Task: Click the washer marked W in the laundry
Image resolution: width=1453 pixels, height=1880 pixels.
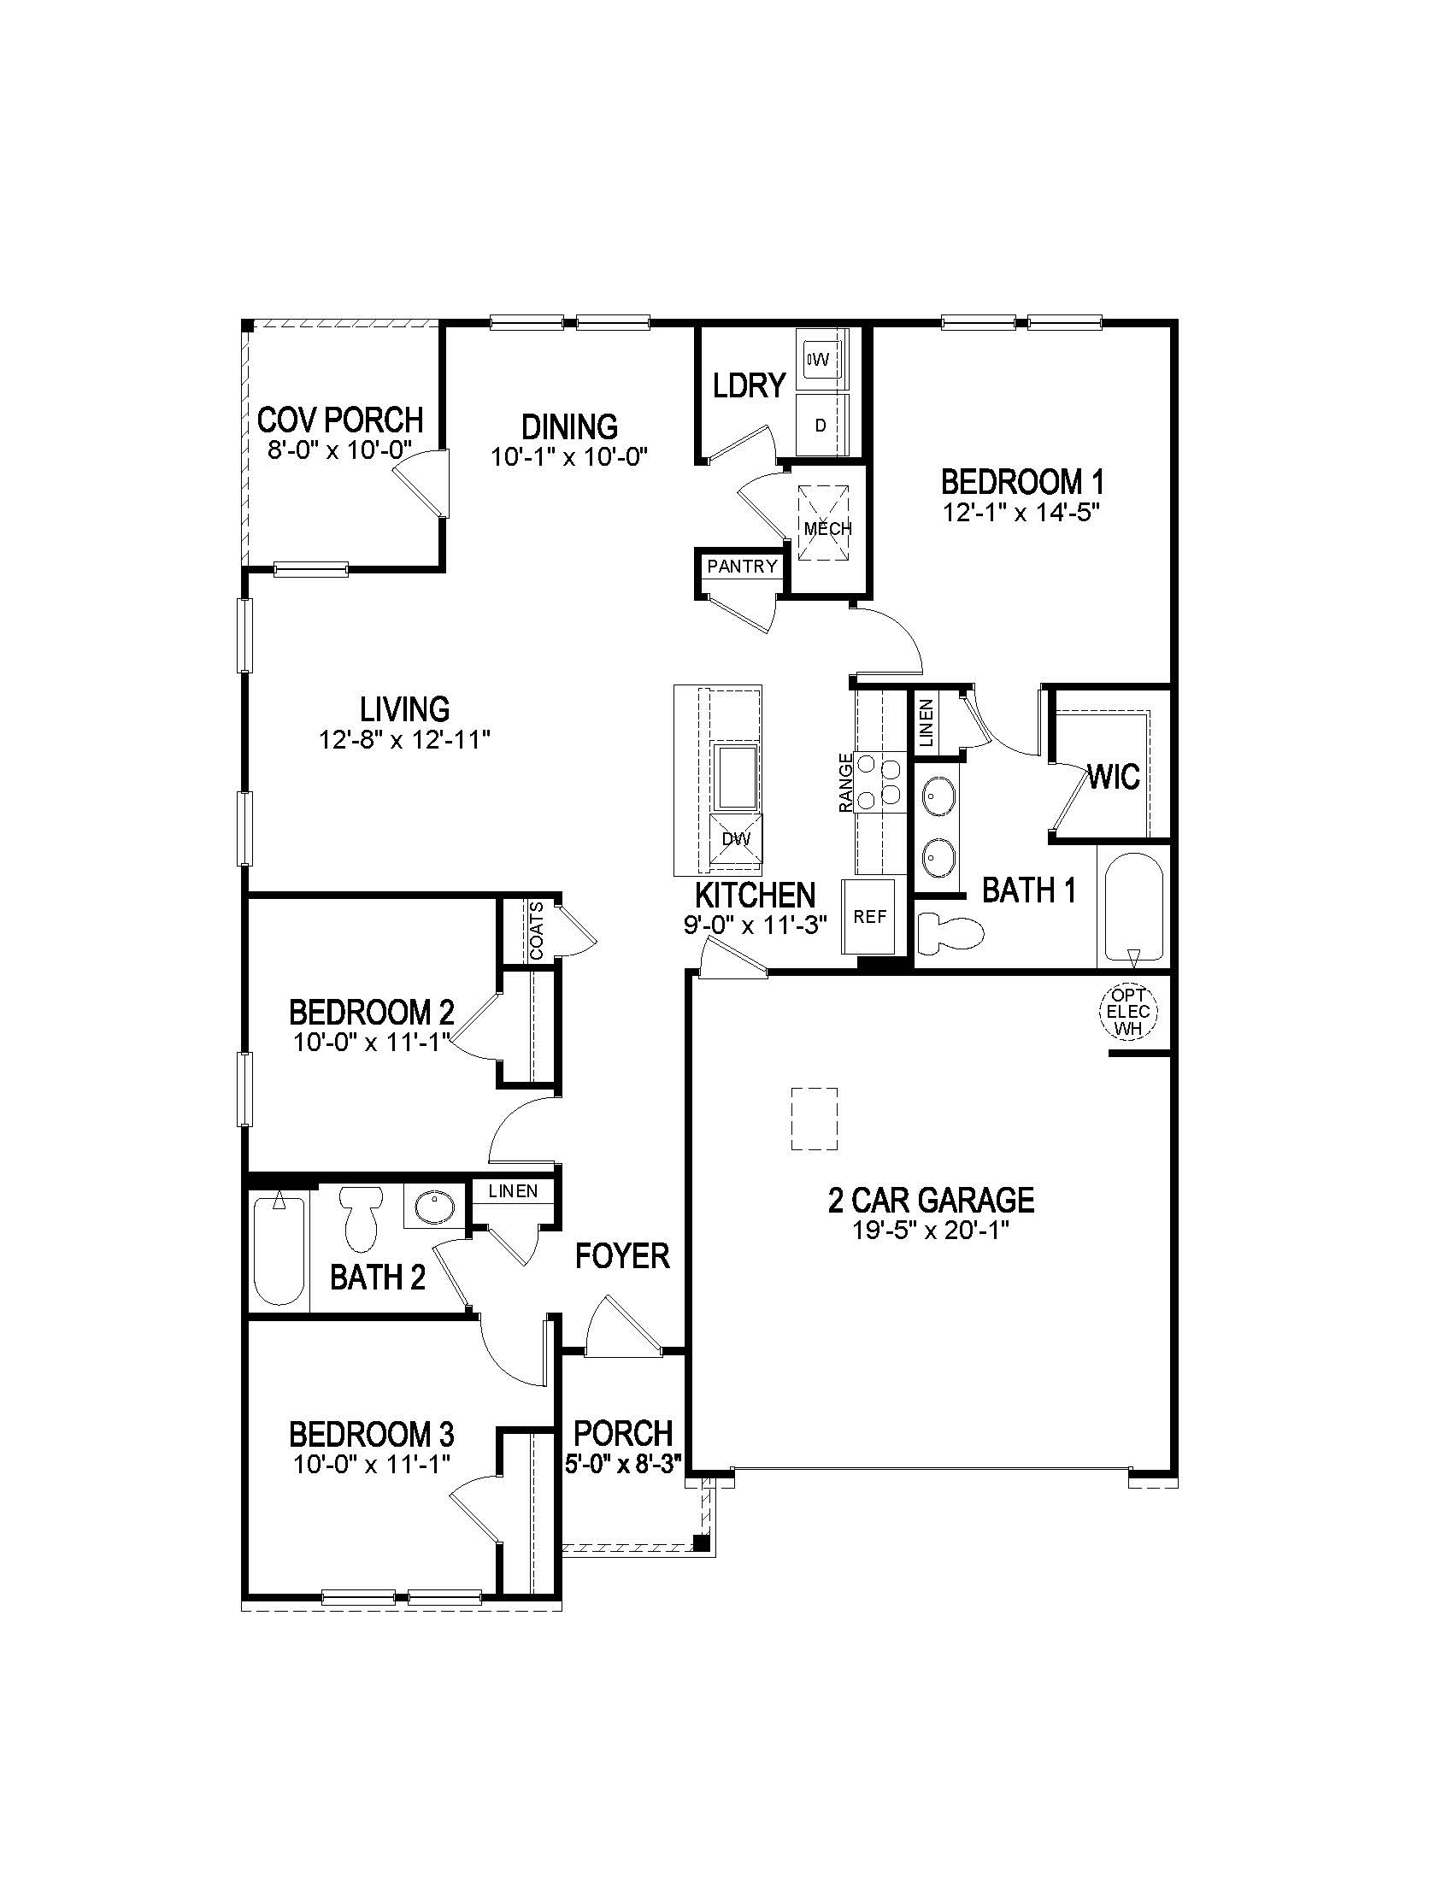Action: [821, 358]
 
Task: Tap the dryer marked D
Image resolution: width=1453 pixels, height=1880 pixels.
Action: [821, 426]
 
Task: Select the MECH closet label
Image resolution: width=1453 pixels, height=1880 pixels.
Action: [827, 527]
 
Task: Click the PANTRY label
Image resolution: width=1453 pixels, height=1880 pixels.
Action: [742, 567]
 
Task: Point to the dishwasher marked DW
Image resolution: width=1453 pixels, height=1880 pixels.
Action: [736, 838]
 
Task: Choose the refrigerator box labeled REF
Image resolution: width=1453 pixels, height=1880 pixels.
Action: [869, 917]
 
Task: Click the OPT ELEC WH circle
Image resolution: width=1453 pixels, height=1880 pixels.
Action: [1128, 1012]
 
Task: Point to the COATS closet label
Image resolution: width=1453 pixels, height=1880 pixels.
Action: [536, 931]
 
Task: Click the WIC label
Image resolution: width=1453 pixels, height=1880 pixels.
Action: [1114, 778]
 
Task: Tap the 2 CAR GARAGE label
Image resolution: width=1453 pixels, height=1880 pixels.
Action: [931, 1199]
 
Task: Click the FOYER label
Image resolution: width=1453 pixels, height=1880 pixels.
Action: [621, 1256]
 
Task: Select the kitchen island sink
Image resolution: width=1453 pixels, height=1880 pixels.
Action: [738, 778]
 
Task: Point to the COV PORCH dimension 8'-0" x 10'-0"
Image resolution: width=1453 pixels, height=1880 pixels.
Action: [340, 450]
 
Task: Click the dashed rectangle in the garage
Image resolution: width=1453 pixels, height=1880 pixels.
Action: [815, 1119]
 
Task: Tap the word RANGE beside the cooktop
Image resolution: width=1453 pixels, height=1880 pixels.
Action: [846, 783]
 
